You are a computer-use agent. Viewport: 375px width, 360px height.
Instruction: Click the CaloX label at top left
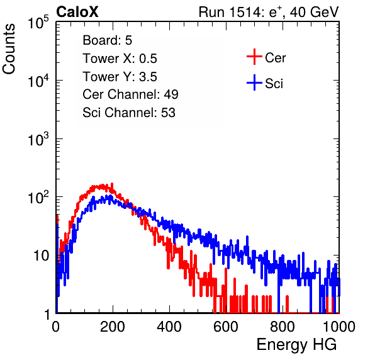77,12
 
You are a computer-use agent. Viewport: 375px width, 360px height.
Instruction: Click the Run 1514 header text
269,12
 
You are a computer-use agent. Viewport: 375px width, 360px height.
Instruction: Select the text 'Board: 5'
108,40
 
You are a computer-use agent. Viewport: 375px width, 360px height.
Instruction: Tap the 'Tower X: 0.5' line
120,59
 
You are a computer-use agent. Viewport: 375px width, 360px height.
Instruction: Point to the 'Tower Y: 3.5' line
120,77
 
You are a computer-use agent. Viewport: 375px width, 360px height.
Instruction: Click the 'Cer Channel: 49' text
131,94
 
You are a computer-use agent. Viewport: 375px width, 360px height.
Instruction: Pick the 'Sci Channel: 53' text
129,113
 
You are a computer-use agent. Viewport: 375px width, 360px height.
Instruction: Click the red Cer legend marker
254,57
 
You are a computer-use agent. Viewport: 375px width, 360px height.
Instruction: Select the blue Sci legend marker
254,82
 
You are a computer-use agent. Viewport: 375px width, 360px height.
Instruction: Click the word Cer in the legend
275,58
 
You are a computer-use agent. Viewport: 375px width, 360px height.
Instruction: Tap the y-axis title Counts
9,49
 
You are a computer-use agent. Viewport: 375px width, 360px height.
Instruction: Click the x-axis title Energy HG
296,345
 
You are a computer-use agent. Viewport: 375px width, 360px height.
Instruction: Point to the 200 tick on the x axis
113,327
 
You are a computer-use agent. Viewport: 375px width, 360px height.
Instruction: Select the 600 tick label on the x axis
226,327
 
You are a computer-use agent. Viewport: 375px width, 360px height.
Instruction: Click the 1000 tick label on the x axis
339,327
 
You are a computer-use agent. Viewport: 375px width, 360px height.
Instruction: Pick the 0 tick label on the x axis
56,327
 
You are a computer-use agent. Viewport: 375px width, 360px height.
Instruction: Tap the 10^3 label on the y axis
38,139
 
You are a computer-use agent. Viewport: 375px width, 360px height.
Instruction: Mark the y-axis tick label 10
41,256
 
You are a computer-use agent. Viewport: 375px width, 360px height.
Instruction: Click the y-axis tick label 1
47,315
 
